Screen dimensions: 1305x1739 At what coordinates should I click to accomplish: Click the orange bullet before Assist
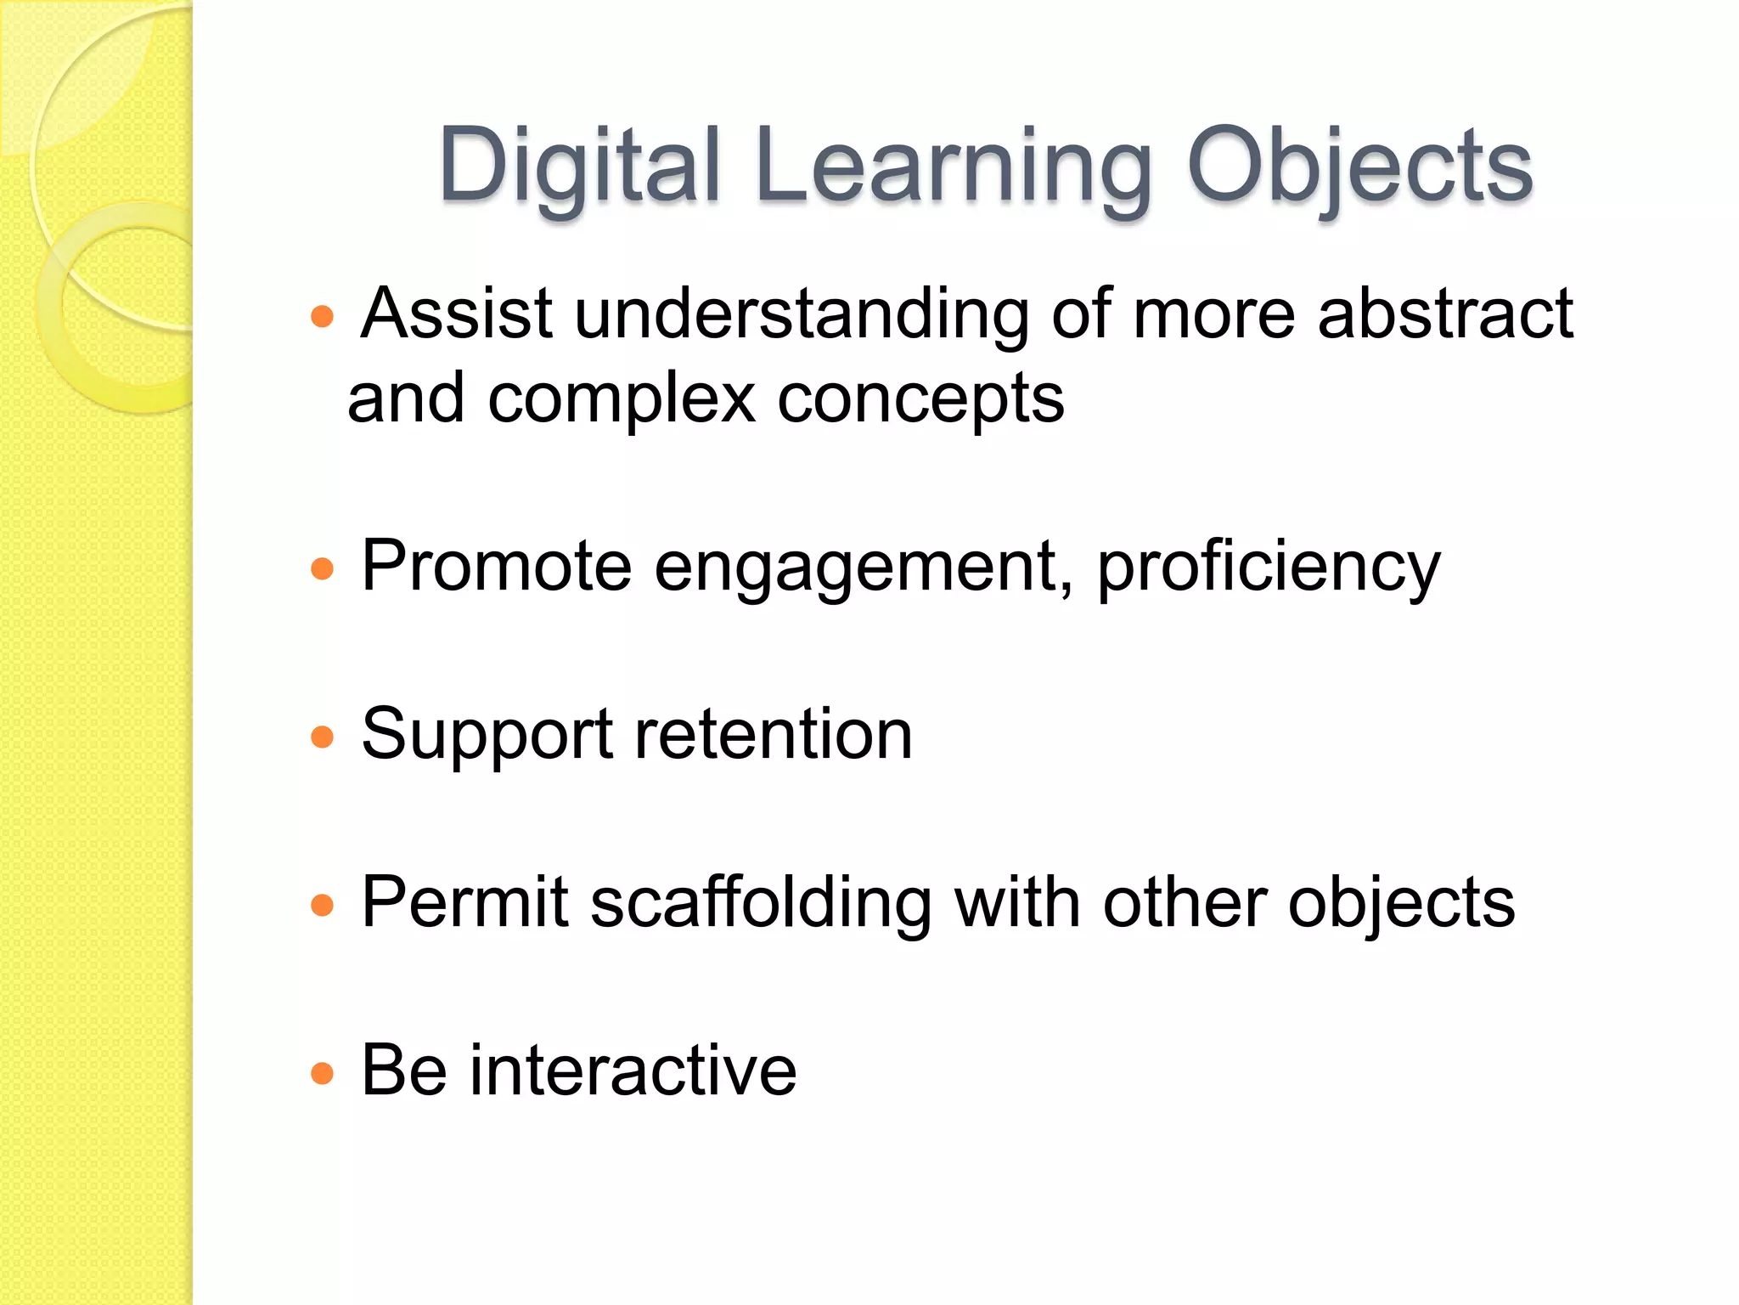[x=322, y=318]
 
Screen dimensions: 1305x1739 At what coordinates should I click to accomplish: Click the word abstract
[x=1445, y=314]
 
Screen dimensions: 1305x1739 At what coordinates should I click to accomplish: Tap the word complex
[x=622, y=399]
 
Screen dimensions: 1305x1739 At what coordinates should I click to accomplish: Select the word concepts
[x=920, y=399]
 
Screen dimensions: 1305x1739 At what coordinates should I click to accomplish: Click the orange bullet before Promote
[x=322, y=568]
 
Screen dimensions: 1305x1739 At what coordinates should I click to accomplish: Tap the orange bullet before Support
[x=322, y=736]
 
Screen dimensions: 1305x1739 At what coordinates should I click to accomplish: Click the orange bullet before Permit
[x=322, y=905]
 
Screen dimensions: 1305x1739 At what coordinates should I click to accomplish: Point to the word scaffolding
[x=760, y=903]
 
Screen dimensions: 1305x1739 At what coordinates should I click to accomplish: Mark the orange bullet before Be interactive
[x=322, y=1073]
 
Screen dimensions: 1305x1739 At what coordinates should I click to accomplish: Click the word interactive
[x=633, y=1071]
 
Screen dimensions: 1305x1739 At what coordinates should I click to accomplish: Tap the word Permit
[x=464, y=903]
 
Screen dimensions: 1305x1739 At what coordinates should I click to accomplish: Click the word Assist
[x=457, y=314]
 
